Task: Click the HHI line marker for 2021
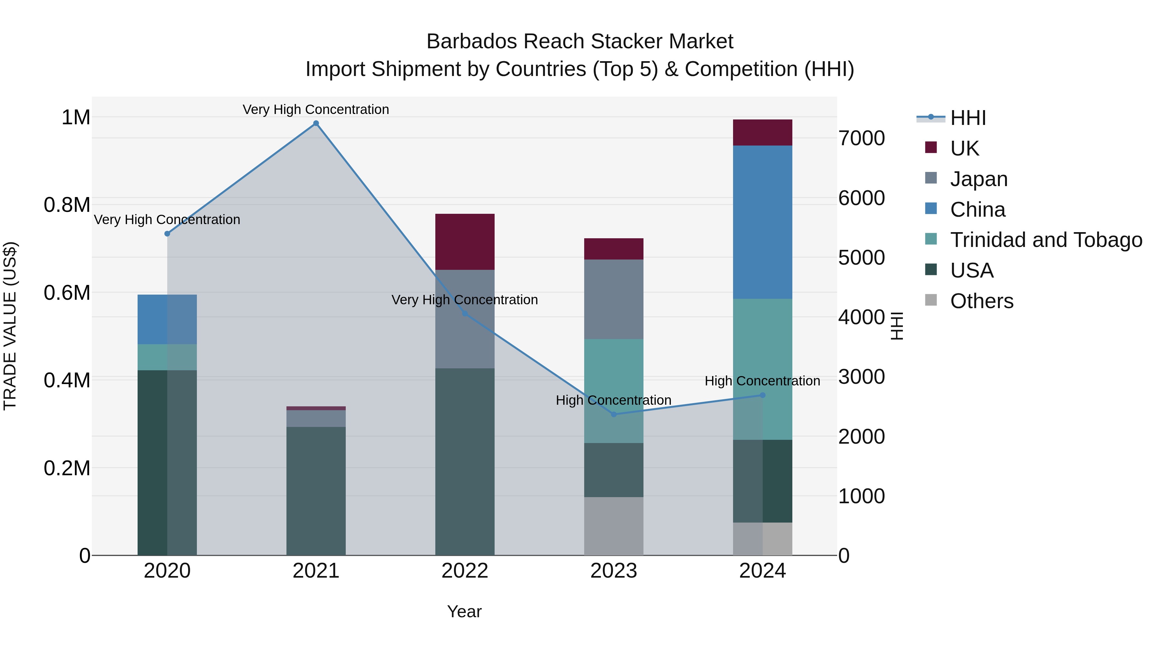pos(316,123)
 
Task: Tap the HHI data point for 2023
pos(614,414)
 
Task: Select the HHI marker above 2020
pos(167,233)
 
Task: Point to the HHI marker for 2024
pos(762,395)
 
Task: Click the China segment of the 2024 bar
pos(762,222)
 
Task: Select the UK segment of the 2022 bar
pos(465,241)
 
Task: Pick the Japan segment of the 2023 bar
pos(614,299)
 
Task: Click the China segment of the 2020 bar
pos(167,319)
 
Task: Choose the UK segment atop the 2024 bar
pos(762,132)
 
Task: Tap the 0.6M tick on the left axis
pos(67,292)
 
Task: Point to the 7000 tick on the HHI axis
pos(861,138)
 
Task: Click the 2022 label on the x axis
pos(465,571)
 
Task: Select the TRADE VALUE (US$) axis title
pos(10,326)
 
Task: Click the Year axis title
pos(464,611)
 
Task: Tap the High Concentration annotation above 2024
pos(762,381)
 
